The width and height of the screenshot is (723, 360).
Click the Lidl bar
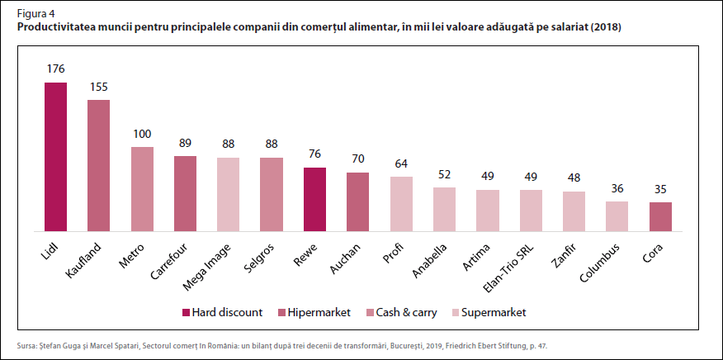55,156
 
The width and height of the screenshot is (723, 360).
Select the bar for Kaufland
98,165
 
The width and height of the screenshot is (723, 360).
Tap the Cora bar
659,216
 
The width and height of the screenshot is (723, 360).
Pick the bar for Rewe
314,199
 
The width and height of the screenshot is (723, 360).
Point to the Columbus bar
617,216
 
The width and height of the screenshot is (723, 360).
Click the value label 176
55,69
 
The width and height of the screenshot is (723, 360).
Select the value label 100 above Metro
142,134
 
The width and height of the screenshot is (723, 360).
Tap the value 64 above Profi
401,163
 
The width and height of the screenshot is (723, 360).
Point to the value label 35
659,188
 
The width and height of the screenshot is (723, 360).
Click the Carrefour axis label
173,260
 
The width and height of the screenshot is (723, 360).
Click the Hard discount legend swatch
186,312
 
